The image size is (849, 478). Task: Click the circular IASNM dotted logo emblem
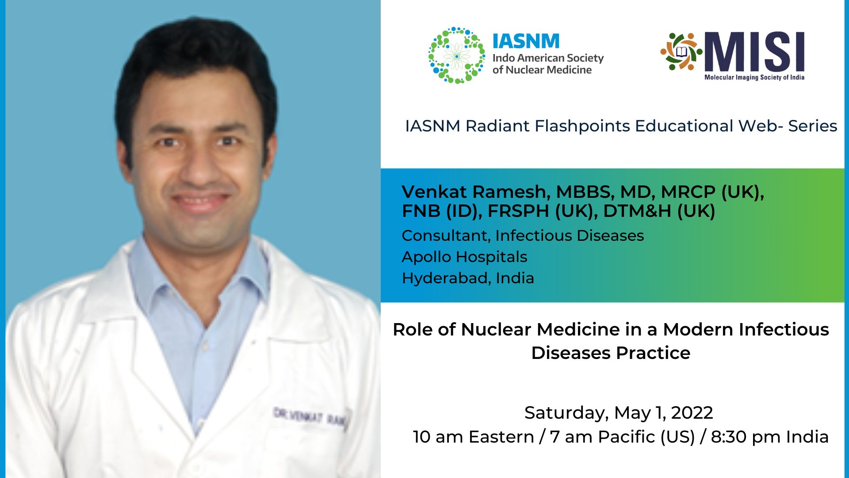coord(456,55)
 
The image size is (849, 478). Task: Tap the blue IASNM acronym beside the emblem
coord(526,42)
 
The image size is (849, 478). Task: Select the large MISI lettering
coord(754,52)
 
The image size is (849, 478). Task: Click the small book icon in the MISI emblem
coord(681,52)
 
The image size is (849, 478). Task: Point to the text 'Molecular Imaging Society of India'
coord(754,77)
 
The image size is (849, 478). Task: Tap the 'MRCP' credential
coord(688,192)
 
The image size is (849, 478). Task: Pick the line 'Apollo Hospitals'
coord(464,257)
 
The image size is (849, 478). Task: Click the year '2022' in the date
coord(692,413)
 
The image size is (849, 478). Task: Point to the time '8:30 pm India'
coord(769,437)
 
